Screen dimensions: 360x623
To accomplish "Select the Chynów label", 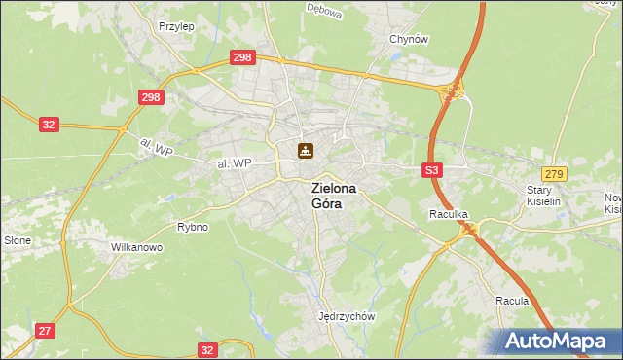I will [409, 39].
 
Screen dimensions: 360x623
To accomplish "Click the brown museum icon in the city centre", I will [306, 150].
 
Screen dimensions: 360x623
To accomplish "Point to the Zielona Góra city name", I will [333, 197].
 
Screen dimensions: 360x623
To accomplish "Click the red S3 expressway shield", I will [433, 169].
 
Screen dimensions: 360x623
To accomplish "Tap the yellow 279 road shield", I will [554, 173].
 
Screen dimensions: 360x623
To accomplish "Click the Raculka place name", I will [449, 213].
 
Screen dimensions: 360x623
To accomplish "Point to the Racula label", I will [511, 301].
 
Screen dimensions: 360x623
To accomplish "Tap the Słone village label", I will [18, 240].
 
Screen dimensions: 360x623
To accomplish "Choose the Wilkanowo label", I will [136, 247].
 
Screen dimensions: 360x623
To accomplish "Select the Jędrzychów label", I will [347, 316].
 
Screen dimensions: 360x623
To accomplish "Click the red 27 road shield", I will [45, 331].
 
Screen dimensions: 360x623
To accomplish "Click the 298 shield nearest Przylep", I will [243, 58].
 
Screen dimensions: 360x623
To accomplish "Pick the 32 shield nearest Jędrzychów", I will [206, 348].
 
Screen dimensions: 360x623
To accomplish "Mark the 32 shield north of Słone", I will [50, 124].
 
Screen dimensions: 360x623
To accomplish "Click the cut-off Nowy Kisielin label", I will [612, 202].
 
